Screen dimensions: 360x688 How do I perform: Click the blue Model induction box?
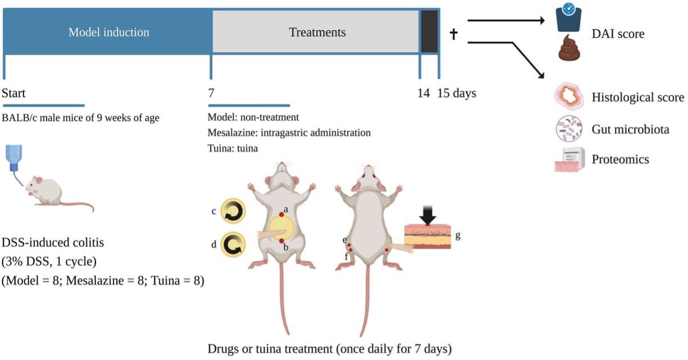[108, 32]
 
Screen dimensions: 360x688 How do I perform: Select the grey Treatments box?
[316, 32]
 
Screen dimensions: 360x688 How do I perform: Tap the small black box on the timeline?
[429, 32]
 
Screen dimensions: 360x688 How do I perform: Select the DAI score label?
[618, 34]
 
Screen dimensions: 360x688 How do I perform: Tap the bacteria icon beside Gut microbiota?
[569, 129]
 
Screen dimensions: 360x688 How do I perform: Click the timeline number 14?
[423, 93]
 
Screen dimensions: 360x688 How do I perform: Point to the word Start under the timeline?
[13, 93]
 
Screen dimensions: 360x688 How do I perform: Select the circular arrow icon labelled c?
[232, 212]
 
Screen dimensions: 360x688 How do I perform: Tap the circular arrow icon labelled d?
[232, 245]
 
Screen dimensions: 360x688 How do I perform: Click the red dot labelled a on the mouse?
[281, 215]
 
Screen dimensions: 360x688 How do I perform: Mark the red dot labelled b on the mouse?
[281, 240]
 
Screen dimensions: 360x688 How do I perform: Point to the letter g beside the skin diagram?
[458, 236]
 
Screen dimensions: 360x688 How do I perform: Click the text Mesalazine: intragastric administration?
[289, 133]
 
